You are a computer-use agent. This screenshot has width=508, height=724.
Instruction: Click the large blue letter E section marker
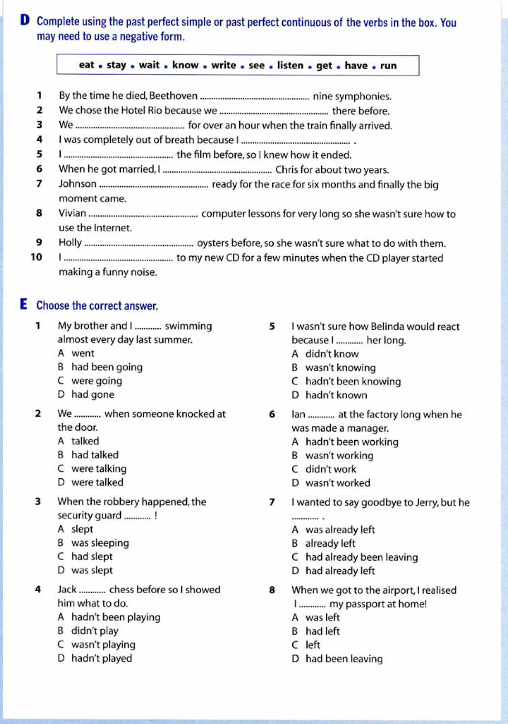click(x=24, y=304)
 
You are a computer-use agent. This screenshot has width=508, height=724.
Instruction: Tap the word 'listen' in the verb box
click(x=290, y=66)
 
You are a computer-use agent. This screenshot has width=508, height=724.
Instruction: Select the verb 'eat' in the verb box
click(x=86, y=65)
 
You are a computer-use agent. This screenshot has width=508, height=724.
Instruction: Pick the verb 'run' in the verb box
click(x=388, y=66)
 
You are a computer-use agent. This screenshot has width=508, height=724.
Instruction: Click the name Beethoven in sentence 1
click(x=173, y=96)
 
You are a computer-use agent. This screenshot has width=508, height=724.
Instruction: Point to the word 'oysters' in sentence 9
click(x=213, y=243)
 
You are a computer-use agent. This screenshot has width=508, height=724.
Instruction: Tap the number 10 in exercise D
click(x=36, y=257)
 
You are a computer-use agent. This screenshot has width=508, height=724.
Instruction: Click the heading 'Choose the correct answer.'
click(x=97, y=306)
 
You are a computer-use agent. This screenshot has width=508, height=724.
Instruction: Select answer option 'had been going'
click(x=107, y=367)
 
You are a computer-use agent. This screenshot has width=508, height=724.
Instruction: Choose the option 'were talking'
click(x=99, y=469)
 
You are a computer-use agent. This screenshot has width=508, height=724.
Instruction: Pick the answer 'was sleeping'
click(x=100, y=543)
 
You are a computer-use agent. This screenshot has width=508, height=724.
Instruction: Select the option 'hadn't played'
click(x=102, y=658)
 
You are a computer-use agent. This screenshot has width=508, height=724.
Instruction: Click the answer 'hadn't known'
click(x=336, y=395)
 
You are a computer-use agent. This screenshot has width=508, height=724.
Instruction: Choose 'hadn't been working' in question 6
click(x=351, y=442)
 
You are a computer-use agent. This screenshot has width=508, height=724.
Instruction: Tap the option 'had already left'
click(x=340, y=571)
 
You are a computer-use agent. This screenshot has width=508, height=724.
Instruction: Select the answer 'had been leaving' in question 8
click(x=344, y=659)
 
